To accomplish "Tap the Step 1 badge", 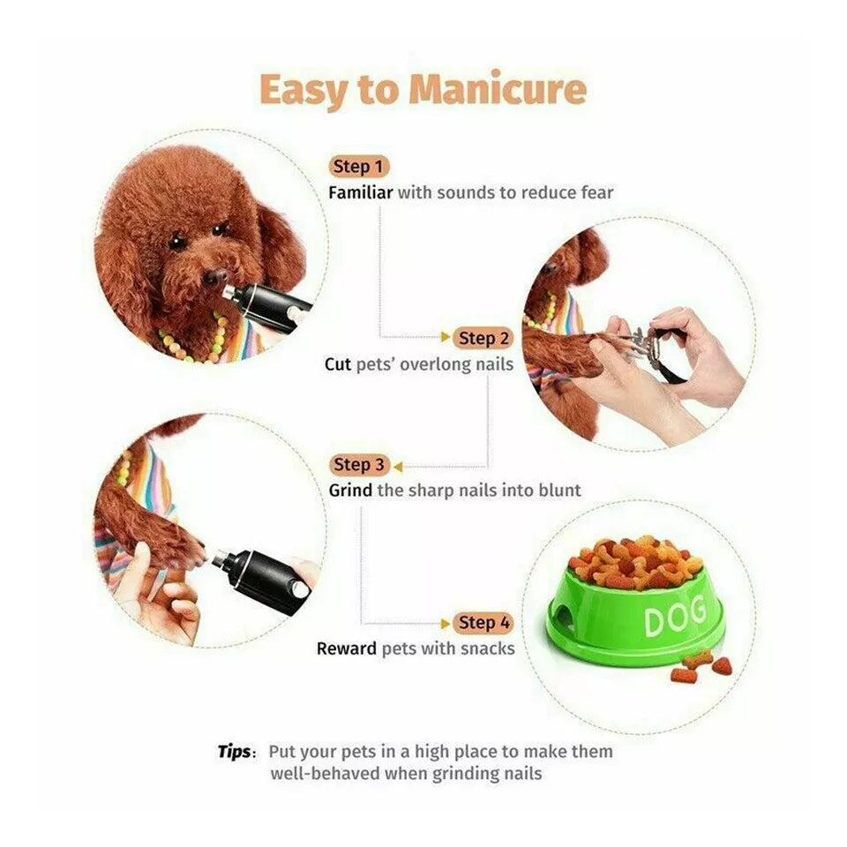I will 359,166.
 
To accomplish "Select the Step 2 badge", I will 484,338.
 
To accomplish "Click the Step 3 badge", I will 359,464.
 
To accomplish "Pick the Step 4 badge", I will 484,623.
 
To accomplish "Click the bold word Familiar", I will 360,192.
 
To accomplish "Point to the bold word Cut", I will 338,364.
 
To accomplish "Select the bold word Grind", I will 351,491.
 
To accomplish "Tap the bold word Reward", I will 347,649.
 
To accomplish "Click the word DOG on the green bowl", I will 675,617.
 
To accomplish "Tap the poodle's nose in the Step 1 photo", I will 214,279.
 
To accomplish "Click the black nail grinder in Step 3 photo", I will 265,578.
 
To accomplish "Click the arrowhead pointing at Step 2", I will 446,338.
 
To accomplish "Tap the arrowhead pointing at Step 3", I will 398,465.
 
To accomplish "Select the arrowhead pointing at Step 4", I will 446,623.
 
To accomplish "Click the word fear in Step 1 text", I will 596,192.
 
